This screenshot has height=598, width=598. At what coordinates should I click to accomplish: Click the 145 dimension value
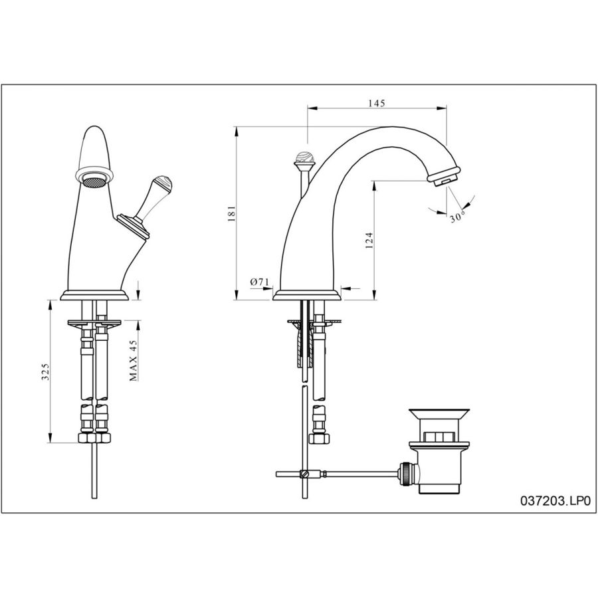tap(377, 103)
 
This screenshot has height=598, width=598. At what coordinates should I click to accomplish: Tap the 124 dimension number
tap(369, 241)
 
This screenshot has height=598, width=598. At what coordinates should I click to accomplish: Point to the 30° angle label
tap(457, 217)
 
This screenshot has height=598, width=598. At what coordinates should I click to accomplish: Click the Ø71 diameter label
tap(260, 282)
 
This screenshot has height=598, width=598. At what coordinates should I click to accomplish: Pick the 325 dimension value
tap(45, 371)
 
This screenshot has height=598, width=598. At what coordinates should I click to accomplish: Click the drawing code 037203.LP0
tap(555, 500)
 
